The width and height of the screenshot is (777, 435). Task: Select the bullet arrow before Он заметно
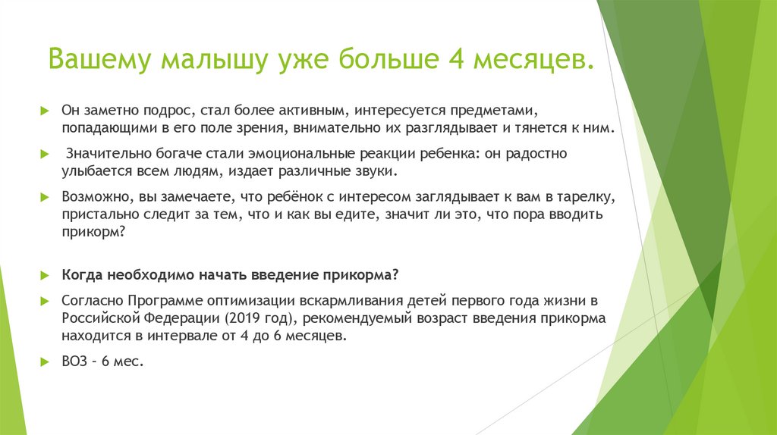click(x=45, y=111)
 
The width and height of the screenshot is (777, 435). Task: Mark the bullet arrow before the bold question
click(x=45, y=274)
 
